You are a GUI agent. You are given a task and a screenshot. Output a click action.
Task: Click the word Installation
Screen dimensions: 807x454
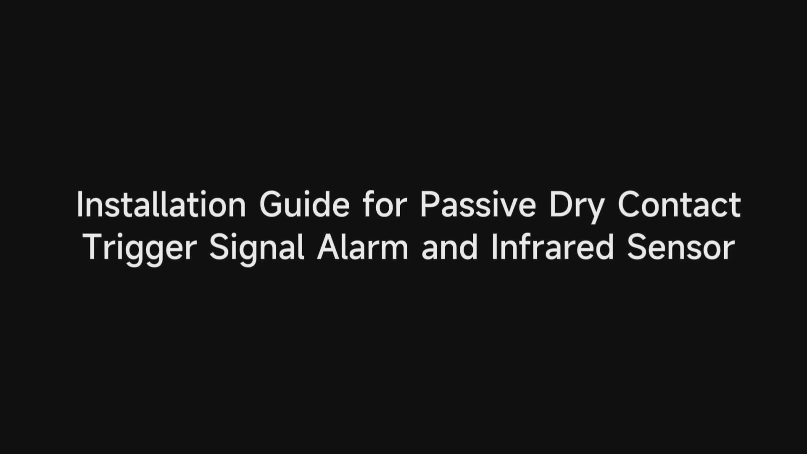click(x=161, y=204)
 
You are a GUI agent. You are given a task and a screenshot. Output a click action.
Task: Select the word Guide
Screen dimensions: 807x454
click(x=304, y=204)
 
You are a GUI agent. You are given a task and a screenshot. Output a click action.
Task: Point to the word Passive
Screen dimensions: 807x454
click(x=478, y=204)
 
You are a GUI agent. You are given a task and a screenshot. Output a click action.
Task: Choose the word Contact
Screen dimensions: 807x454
click(x=679, y=204)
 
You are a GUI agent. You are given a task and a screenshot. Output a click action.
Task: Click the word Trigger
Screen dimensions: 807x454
click(x=140, y=251)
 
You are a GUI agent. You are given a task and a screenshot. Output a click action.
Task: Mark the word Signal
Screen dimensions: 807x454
click(x=257, y=251)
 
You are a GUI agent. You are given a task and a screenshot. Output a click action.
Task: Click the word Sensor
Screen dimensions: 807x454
click(x=681, y=248)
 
